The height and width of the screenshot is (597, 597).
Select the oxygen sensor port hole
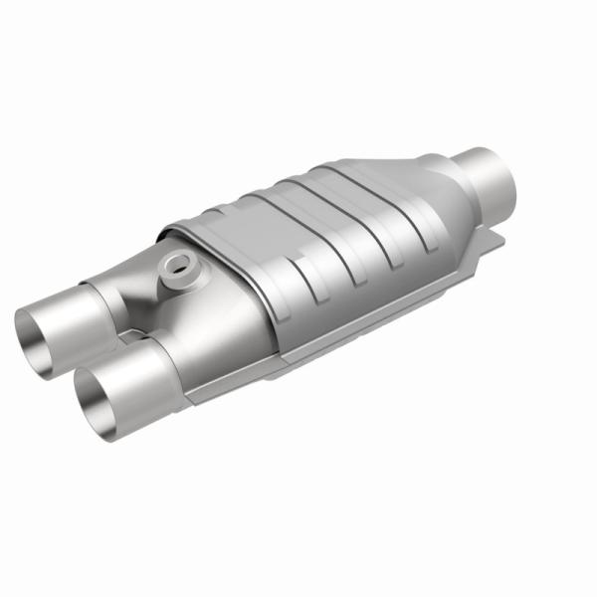[x=178, y=265]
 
